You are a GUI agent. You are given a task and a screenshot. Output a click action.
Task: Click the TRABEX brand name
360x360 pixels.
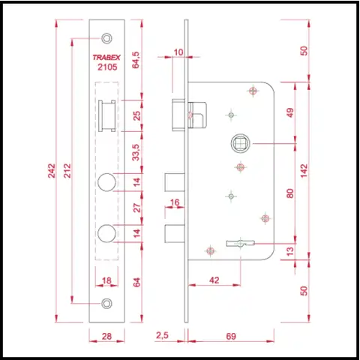106,58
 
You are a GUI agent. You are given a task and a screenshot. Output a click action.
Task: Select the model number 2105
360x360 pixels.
107,67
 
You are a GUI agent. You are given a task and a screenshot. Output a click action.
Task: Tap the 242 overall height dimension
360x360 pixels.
52,171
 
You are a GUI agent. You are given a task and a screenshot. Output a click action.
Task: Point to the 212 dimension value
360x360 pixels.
67,171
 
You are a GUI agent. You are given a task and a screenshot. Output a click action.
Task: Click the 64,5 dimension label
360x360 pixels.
136,60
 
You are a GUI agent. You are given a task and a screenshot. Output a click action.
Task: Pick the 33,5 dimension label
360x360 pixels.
136,152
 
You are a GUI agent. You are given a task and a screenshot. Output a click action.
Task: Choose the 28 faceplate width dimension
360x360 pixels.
106,336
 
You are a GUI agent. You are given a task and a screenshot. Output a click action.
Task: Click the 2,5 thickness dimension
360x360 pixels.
162,335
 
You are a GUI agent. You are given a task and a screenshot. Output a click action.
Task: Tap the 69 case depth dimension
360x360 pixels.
231,336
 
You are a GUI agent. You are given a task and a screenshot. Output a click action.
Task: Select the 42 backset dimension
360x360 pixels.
214,280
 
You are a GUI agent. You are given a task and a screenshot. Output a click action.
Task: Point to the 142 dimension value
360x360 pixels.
304,171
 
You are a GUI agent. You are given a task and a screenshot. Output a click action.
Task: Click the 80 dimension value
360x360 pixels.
289,193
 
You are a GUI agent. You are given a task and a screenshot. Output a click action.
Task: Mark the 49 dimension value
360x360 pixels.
289,112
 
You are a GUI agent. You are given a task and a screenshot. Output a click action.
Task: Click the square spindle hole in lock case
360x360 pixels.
241,143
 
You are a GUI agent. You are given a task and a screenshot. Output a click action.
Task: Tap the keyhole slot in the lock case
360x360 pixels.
241,243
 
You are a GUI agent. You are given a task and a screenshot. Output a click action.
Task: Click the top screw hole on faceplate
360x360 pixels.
106,38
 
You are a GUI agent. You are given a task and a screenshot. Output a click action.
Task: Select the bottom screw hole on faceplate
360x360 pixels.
106,303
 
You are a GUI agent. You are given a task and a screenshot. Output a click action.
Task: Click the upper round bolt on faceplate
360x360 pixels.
106,182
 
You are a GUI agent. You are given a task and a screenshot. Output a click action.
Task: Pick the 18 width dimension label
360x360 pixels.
106,280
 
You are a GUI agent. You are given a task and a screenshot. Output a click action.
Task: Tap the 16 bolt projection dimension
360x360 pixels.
175,202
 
